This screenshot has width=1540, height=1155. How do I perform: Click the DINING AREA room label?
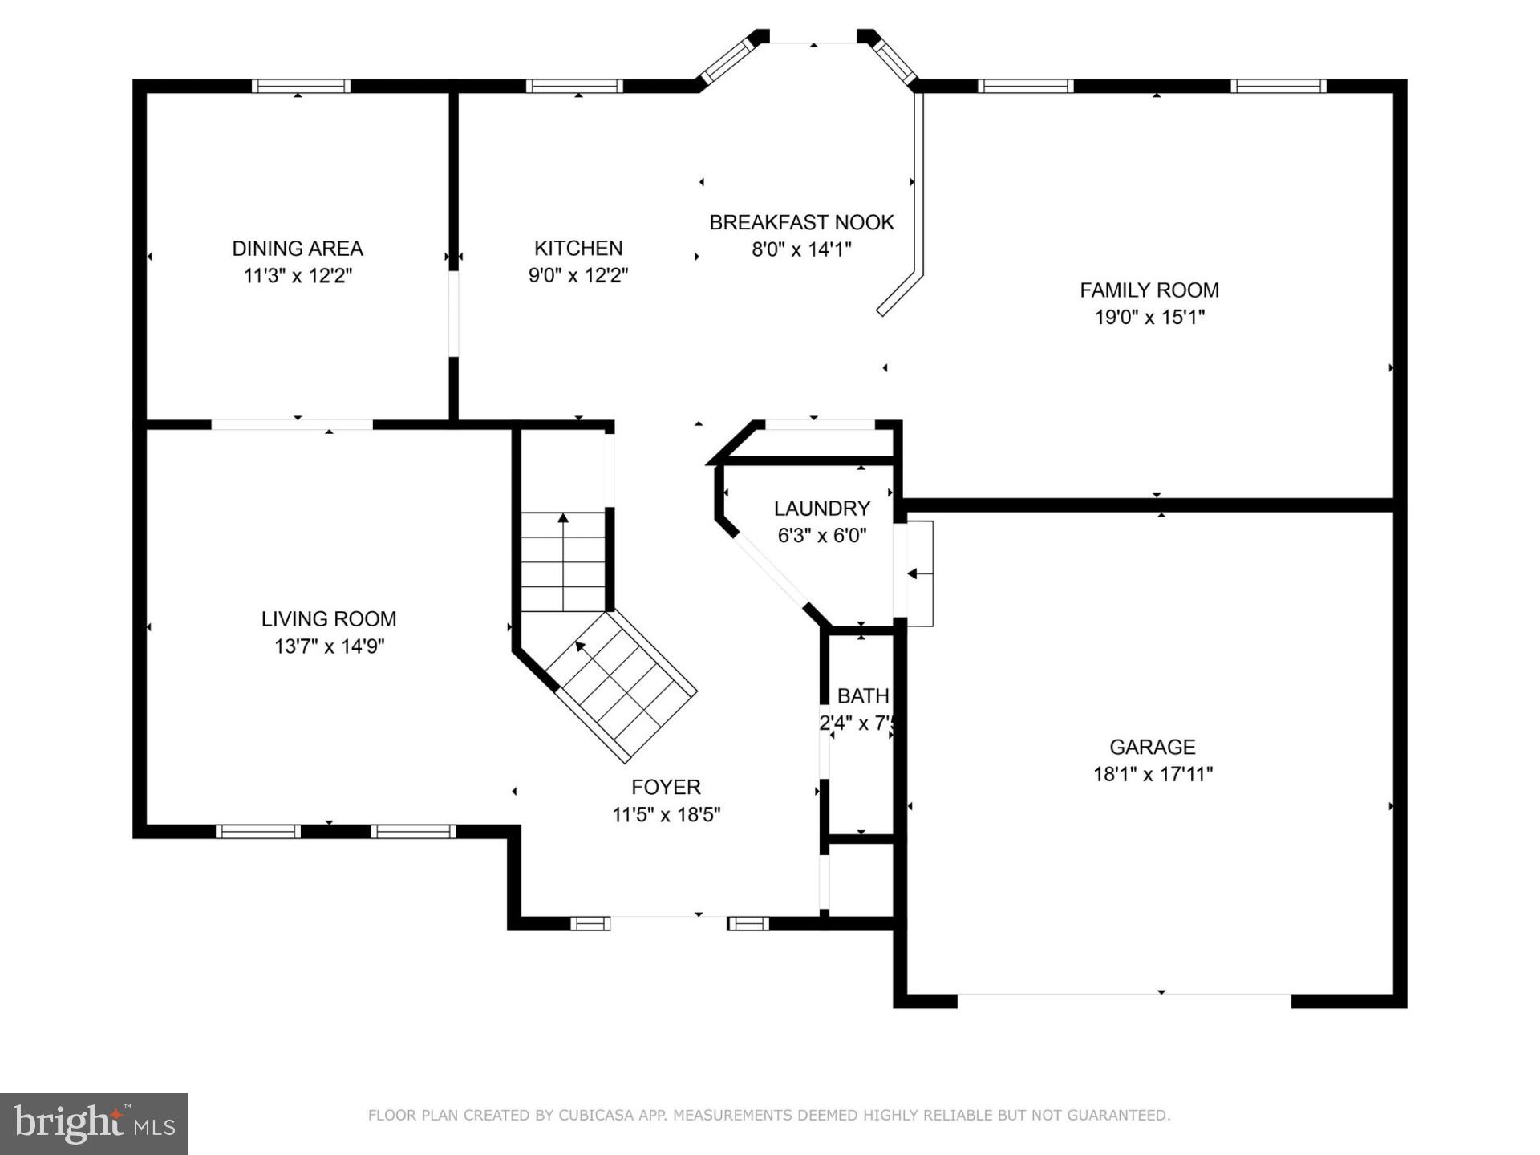298,249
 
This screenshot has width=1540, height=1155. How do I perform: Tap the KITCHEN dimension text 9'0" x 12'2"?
577,276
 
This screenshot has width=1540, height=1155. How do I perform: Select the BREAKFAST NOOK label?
801,222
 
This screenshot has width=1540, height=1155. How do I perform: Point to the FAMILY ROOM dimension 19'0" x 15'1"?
1149,318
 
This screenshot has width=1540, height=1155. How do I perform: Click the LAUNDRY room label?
821,509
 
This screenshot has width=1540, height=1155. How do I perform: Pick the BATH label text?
862,695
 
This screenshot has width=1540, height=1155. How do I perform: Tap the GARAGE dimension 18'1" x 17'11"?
1153,775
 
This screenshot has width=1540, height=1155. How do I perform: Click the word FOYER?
666,787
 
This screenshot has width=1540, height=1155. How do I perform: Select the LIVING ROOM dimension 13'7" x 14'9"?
329,646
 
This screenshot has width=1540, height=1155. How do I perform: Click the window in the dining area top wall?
301,86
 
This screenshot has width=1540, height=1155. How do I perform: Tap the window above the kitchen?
574,86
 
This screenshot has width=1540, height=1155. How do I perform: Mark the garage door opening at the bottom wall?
1124,995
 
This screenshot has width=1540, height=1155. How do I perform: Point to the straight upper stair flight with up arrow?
563,561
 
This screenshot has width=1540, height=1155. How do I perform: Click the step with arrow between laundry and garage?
919,573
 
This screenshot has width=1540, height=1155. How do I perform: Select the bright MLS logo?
94,1124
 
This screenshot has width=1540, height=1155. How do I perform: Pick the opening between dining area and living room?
292,424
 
